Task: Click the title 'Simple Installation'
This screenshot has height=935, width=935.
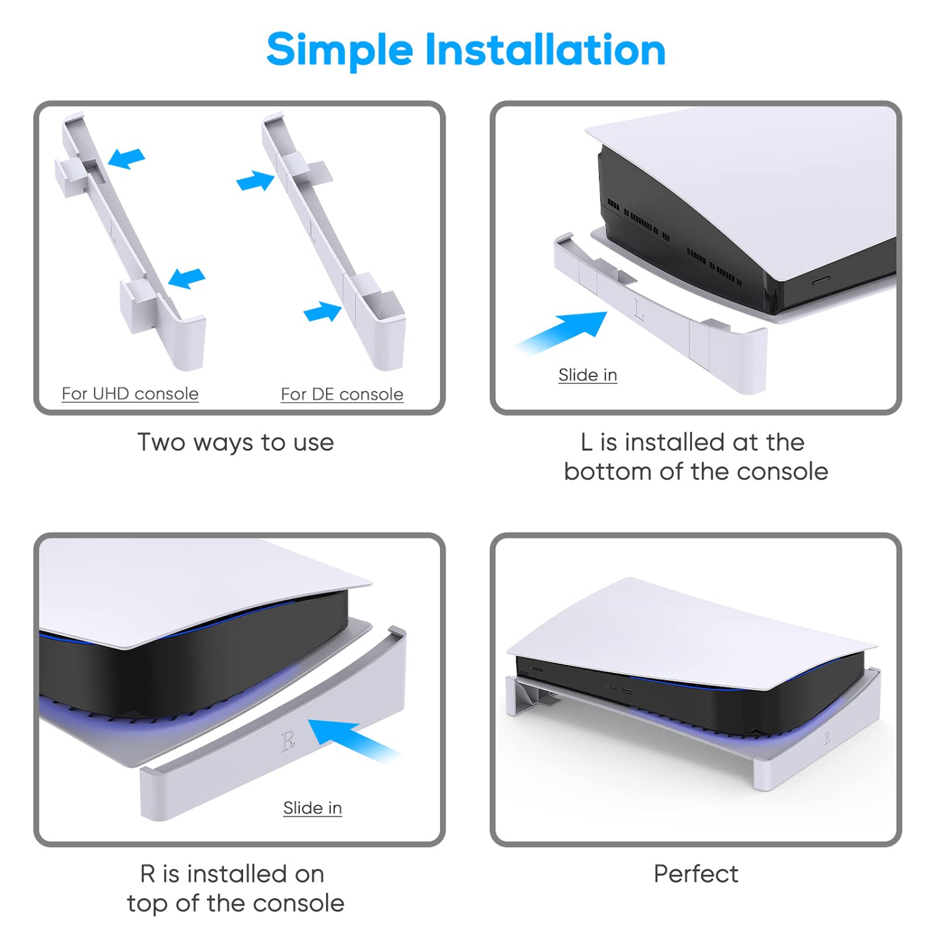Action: point(466,50)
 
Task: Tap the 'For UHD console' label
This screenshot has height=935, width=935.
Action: point(130,394)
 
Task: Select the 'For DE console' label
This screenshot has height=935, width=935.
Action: point(342,395)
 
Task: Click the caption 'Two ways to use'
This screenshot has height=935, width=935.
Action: point(236,443)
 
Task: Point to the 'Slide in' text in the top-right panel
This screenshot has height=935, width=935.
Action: point(587,375)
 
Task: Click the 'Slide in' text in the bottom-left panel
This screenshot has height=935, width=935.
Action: point(312,808)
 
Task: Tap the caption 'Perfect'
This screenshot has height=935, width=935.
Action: point(696,874)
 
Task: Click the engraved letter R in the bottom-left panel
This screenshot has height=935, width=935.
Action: point(288,741)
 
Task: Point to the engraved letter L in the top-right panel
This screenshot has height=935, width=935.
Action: point(639,309)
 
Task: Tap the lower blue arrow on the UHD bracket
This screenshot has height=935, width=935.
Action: point(186,277)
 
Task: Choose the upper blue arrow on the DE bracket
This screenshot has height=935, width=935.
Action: point(256,181)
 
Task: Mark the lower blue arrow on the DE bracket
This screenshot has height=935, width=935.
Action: point(323,311)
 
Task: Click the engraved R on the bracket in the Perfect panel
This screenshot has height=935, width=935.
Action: point(827,739)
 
